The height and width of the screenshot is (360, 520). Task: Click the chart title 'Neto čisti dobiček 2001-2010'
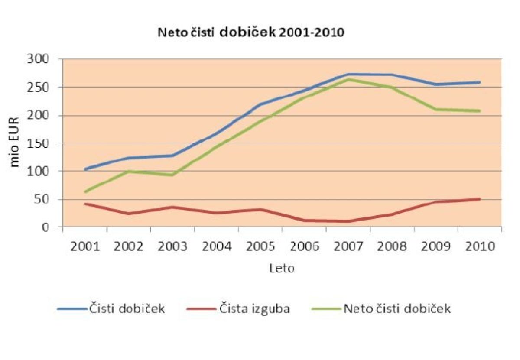tap(251, 33)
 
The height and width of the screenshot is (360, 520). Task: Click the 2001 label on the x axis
tap(84, 246)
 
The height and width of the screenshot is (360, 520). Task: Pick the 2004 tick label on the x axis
tap(216, 246)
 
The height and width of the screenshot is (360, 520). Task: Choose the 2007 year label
tap(348, 246)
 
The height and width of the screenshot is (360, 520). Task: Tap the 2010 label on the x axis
tap(479, 246)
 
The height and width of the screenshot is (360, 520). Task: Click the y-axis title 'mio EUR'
tap(15, 143)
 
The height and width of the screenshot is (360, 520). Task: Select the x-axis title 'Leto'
tap(282, 269)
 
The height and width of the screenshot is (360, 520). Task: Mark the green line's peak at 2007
tap(348, 79)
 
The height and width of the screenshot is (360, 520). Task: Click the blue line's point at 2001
tap(85, 169)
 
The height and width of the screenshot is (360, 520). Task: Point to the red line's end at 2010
tap(479, 199)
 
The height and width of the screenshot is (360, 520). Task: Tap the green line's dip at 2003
tap(173, 175)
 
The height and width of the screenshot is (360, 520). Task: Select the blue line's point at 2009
tap(435, 84)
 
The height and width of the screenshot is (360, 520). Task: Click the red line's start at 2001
tap(85, 204)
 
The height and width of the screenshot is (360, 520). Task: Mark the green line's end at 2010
tap(479, 111)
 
